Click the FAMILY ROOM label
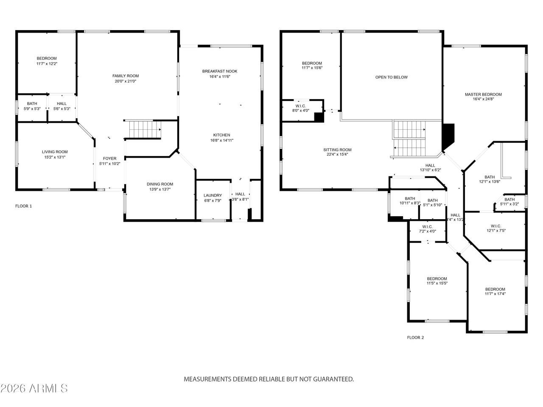(x=126, y=75)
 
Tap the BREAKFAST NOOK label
(x=219, y=71)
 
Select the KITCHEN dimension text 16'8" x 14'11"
(x=222, y=140)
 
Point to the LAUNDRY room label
(x=213, y=195)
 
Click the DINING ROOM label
(x=160, y=184)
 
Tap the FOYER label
(x=109, y=159)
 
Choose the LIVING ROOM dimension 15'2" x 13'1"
(x=54, y=157)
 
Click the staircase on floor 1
(x=145, y=129)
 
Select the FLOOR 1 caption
(x=24, y=206)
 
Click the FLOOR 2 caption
(x=415, y=337)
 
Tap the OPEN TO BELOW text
(x=391, y=77)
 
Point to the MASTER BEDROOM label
(x=483, y=95)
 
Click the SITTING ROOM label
(x=337, y=150)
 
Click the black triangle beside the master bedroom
(x=448, y=135)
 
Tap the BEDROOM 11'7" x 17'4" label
(x=495, y=289)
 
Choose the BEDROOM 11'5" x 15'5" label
(x=437, y=279)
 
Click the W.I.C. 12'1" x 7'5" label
(x=496, y=226)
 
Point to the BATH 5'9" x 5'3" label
(x=32, y=103)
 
